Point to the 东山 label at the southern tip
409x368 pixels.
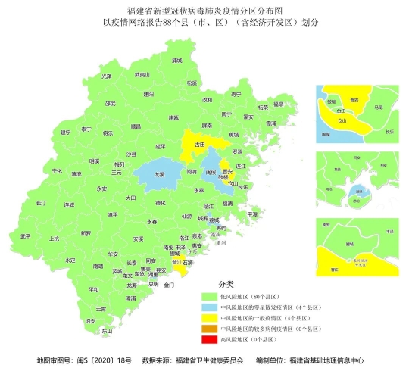(107, 330)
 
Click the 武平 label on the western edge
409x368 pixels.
(27, 236)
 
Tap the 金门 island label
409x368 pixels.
(169, 285)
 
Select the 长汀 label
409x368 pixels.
(42, 203)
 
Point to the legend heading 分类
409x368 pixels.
(226, 284)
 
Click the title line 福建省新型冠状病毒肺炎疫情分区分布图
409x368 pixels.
(204, 11)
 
